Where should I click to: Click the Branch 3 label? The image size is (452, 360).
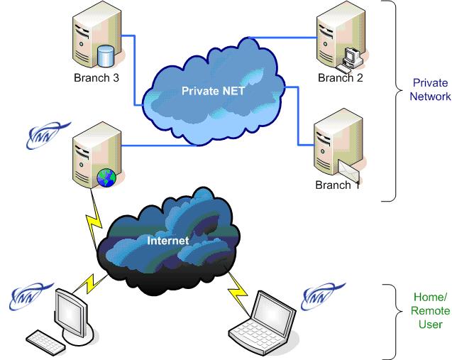click(x=96, y=77)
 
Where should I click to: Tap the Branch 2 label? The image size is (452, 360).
click(x=340, y=77)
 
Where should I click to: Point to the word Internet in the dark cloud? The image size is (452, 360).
click(x=167, y=241)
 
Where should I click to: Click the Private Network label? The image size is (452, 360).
click(x=430, y=89)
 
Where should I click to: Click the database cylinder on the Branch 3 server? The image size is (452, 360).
click(x=106, y=55)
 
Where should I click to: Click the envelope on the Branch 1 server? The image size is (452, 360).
click(x=353, y=170)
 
